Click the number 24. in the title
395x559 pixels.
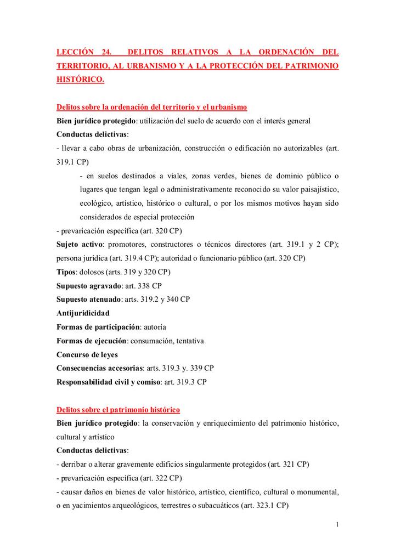(x=106, y=53)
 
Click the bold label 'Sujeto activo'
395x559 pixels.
(x=80, y=244)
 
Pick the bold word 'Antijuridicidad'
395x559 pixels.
(x=83, y=313)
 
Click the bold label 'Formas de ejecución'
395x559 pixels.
(x=92, y=341)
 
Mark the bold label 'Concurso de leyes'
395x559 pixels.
(x=87, y=354)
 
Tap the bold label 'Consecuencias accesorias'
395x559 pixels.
(x=100, y=368)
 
